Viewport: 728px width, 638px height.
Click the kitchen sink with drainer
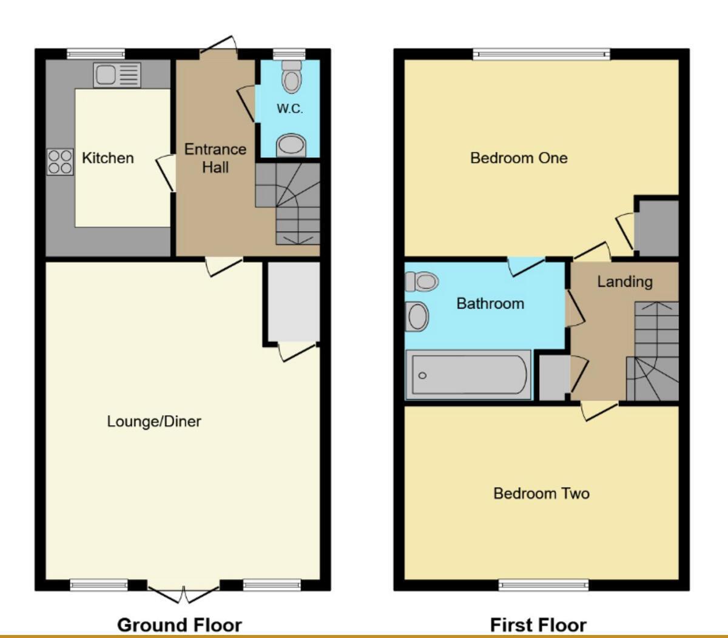(117, 75)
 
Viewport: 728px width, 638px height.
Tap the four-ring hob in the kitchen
(60, 162)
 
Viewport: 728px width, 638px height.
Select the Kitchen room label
(107, 158)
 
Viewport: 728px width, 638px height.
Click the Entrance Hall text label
(215, 158)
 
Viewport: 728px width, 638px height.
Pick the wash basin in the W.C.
(291, 146)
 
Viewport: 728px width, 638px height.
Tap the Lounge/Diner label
(153, 421)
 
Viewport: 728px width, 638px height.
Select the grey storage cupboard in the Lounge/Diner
(294, 301)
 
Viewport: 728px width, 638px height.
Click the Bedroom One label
(519, 158)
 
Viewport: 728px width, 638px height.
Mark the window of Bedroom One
(541, 55)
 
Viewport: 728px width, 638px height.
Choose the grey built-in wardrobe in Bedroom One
(657, 227)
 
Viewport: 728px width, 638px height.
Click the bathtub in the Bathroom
(468, 375)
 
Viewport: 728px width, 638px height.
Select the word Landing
(624, 281)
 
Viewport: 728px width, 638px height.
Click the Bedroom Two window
(544, 585)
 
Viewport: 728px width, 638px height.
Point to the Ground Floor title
(179, 625)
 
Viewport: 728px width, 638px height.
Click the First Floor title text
(538, 625)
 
